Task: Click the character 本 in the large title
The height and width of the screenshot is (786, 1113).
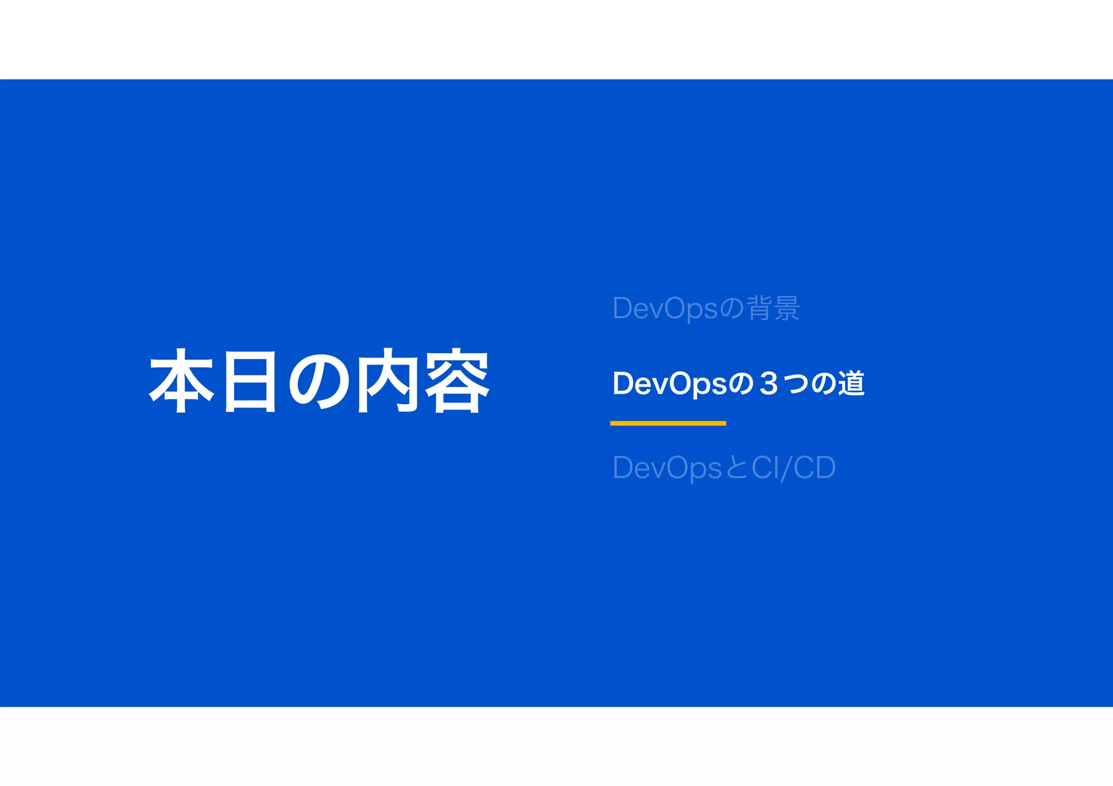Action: pos(182,381)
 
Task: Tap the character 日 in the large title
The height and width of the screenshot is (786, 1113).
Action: pos(250,381)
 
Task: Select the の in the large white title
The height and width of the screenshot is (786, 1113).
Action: pos(318,381)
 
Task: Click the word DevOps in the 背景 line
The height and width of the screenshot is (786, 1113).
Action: pos(666,309)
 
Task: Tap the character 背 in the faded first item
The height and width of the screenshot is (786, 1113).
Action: pos(760,308)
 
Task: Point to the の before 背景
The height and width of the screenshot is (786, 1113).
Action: pos(732,309)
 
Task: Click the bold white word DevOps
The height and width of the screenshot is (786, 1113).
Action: pos(670,384)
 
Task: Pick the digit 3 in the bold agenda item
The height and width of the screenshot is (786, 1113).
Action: pos(768,384)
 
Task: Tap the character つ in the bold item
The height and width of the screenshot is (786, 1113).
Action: pos(796,384)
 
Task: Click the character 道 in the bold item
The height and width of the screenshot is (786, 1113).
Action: pos(851,383)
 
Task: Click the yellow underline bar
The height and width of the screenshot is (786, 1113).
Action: pos(668,423)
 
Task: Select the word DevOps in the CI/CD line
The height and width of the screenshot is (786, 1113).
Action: pos(667,468)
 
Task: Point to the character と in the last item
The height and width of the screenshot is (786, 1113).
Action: pos(737,468)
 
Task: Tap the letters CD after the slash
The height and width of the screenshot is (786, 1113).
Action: pos(814,468)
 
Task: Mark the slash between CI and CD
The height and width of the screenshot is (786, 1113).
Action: pos(786,468)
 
